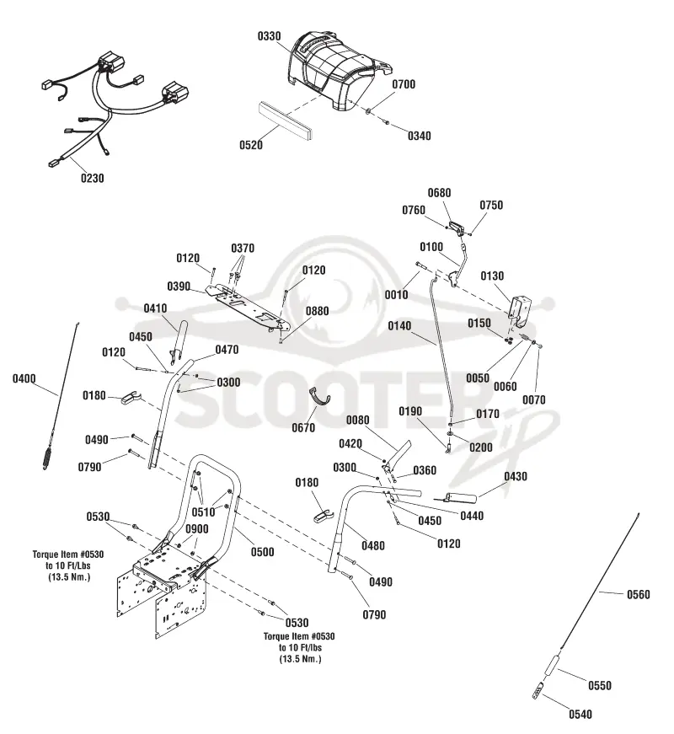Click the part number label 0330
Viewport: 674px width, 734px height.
(269, 36)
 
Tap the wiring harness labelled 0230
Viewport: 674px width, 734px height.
(110, 111)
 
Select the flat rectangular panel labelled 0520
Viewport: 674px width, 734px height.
(286, 121)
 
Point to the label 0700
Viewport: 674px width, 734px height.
(404, 84)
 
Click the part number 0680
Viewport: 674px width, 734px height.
(440, 193)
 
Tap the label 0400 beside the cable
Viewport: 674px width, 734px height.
(24, 378)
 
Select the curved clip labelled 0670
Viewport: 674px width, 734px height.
(318, 399)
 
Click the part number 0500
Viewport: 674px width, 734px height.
(263, 552)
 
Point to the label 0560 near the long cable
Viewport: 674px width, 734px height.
(639, 594)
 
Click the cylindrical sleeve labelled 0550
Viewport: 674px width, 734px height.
(550, 665)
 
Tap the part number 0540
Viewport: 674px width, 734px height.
(580, 715)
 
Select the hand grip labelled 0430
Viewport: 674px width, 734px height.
(461, 497)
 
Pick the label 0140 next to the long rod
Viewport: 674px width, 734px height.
(399, 326)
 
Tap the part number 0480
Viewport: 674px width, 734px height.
(373, 546)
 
